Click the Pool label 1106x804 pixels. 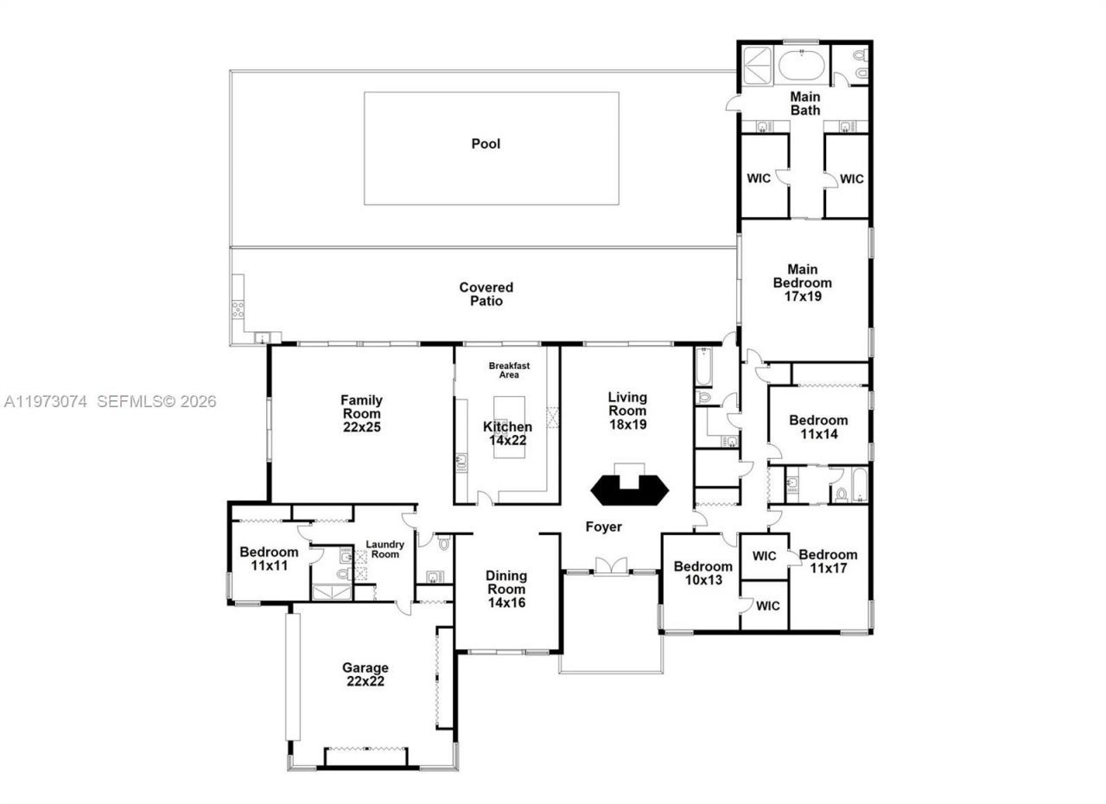pyautogui.click(x=486, y=144)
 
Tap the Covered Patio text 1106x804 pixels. pyautogui.click(x=486, y=294)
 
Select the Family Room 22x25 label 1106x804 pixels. pyautogui.click(x=361, y=413)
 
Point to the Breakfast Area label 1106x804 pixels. pyautogui.click(x=509, y=370)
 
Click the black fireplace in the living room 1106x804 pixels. pyautogui.click(x=630, y=488)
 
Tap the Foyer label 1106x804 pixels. pyautogui.click(x=603, y=526)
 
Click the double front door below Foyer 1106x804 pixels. pyautogui.click(x=610, y=566)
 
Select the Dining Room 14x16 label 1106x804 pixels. pyautogui.click(x=505, y=589)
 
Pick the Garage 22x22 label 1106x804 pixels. pyautogui.click(x=365, y=673)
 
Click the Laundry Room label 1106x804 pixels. pyautogui.click(x=385, y=549)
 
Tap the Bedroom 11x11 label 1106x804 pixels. pyautogui.click(x=269, y=558)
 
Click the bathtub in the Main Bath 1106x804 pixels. pyautogui.click(x=804, y=65)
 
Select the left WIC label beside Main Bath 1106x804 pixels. pyautogui.click(x=759, y=179)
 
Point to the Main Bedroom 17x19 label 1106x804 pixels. pyautogui.click(x=803, y=283)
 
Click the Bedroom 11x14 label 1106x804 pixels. pyautogui.click(x=818, y=427)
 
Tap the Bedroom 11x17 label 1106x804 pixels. pyautogui.click(x=828, y=561)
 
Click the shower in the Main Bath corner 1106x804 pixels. pyautogui.click(x=758, y=63)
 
